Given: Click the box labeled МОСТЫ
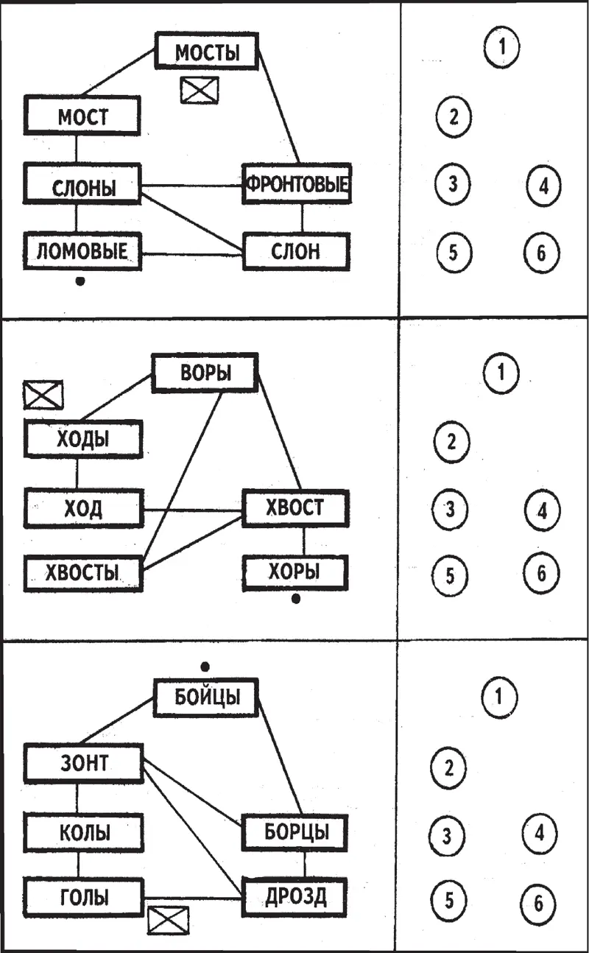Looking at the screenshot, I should [208, 52].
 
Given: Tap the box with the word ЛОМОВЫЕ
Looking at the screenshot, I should [81, 252].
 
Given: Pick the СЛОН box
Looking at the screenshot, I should [294, 252].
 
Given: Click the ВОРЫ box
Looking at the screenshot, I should [205, 373].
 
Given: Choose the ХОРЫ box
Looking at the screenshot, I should [294, 572].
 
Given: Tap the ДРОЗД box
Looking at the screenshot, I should [294, 897].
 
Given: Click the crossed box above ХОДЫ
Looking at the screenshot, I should [43, 395].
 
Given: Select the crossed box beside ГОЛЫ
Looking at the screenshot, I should [169, 919].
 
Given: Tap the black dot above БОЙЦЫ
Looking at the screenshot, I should [205, 667].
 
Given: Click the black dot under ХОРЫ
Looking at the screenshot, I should [296, 599].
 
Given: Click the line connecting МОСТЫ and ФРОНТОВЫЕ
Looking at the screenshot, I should [280, 108].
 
